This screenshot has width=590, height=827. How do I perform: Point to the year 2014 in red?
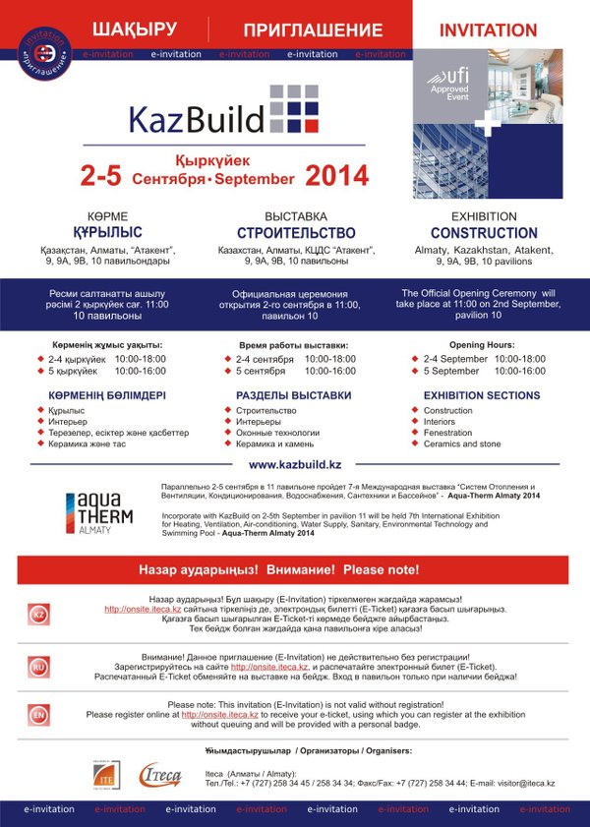pos(336,176)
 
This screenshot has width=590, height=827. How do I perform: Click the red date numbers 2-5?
pos(100,177)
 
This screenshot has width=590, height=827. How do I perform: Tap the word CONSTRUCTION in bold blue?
pos(484,233)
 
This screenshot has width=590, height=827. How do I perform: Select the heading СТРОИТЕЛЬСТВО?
pos(295,233)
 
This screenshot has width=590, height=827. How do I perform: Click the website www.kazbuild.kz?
pos(295,464)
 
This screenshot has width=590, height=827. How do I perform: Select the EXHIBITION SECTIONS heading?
pos(482,395)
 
